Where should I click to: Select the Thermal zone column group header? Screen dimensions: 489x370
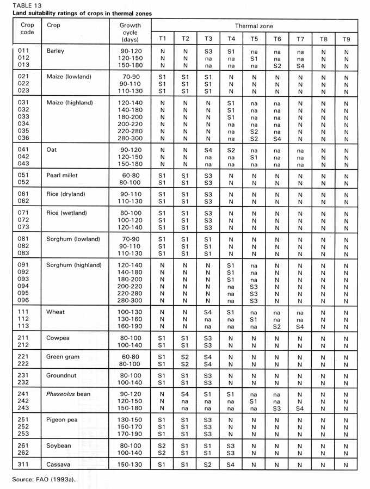[x=254, y=26]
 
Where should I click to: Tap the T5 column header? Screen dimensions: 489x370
[x=254, y=39]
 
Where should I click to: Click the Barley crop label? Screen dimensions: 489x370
[x=55, y=51]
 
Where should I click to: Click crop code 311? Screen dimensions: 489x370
[x=27, y=464]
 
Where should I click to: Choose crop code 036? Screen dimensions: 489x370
[x=27, y=139]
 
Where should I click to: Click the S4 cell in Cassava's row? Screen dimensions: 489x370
[x=230, y=464]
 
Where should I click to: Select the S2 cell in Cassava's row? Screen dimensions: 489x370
[x=207, y=464]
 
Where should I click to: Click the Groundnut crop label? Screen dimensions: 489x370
[x=63, y=376]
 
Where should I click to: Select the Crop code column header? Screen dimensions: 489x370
[x=27, y=28]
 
